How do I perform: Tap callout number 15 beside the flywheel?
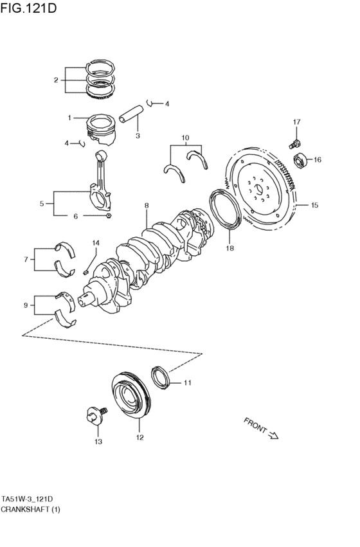click(x=314, y=206)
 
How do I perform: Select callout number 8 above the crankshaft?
click(x=147, y=206)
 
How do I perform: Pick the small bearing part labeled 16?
click(x=300, y=160)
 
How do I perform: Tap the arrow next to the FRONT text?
click(x=273, y=435)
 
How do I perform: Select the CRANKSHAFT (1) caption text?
click(x=31, y=509)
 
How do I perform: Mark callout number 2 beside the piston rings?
click(x=56, y=80)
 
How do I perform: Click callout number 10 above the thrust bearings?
click(x=185, y=138)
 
